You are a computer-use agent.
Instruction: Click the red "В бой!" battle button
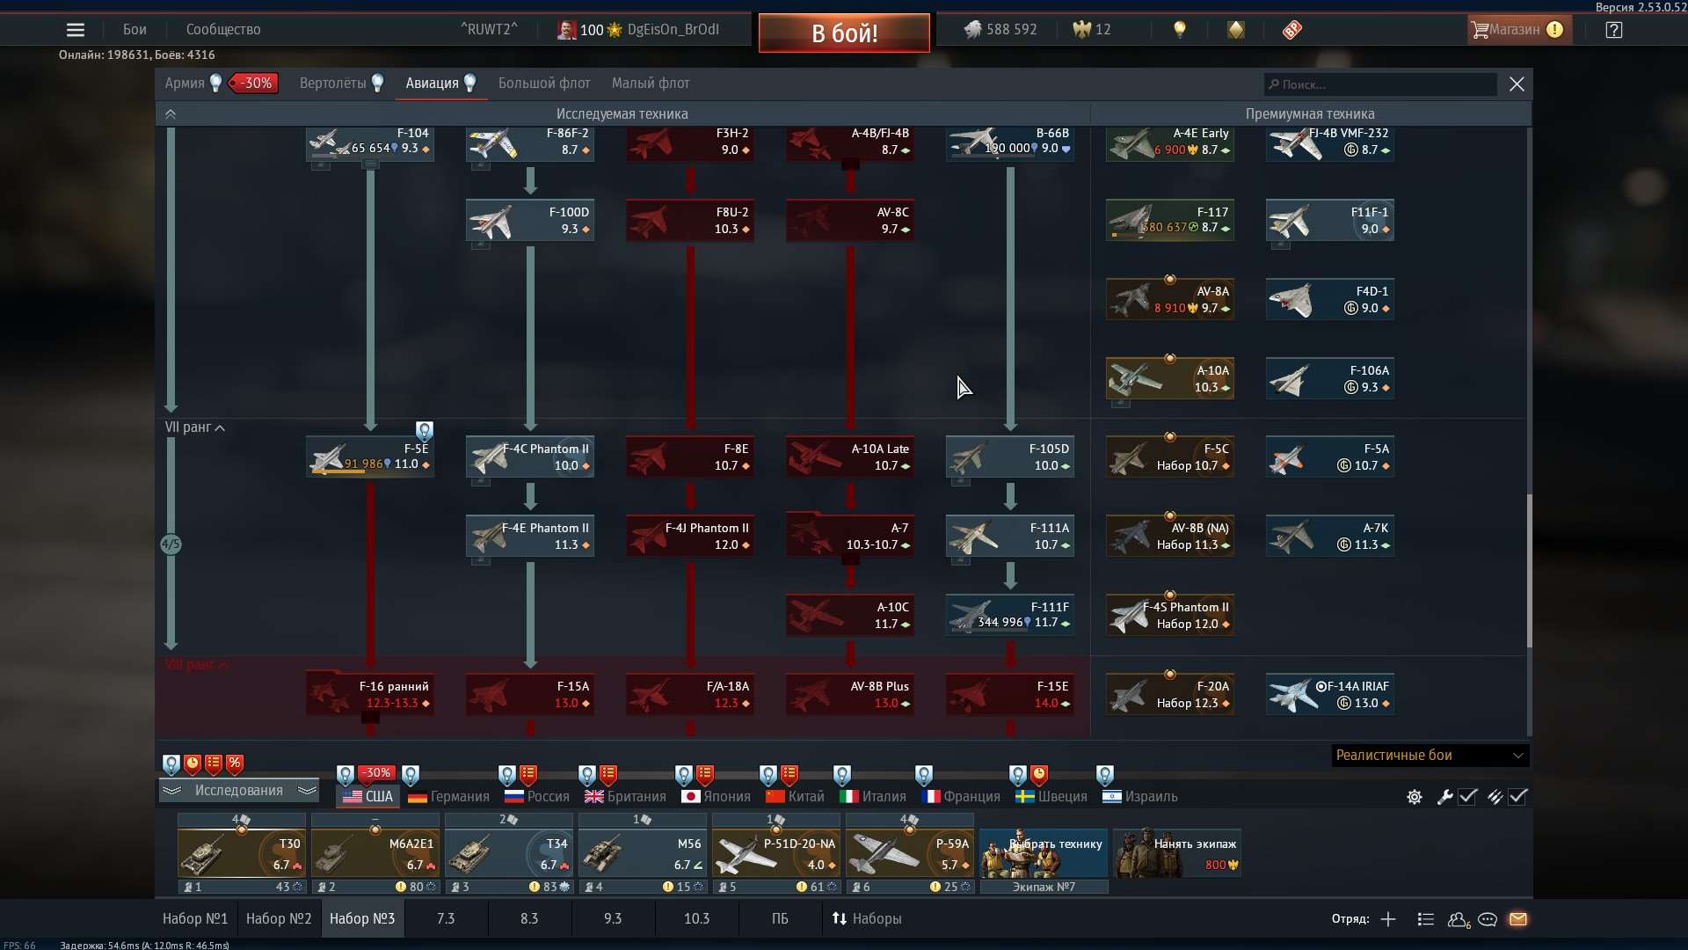click(844, 33)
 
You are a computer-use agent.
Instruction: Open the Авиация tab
click(432, 84)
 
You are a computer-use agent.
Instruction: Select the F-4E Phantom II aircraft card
click(530, 536)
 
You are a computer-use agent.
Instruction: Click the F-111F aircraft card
click(1010, 615)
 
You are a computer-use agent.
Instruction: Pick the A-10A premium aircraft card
click(1169, 378)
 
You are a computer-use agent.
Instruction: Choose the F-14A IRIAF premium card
click(1329, 694)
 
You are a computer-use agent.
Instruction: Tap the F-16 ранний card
click(370, 694)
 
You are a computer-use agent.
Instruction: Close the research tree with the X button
click(1517, 84)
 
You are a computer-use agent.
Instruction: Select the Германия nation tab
click(449, 796)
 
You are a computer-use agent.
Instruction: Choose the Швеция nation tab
click(1051, 796)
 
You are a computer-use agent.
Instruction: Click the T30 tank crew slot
click(242, 853)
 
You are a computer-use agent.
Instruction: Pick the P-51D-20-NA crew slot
click(776, 853)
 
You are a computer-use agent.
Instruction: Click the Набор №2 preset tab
click(279, 918)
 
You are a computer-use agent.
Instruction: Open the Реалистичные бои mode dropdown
click(1430, 756)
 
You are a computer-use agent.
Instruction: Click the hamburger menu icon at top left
click(76, 30)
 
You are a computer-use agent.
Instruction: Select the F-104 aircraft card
click(370, 142)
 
